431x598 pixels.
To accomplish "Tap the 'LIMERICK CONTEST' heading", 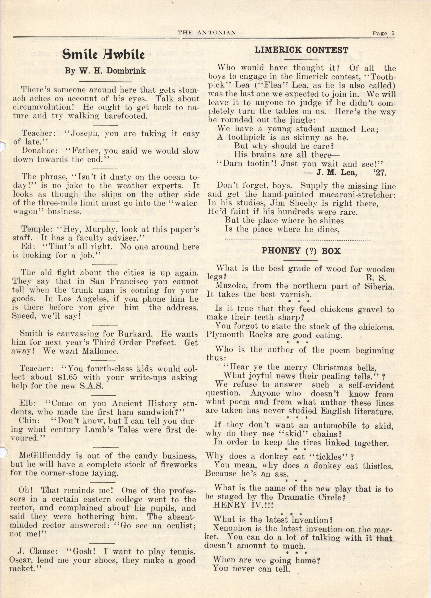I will coord(301,50).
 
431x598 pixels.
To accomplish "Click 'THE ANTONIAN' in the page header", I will coord(207,33).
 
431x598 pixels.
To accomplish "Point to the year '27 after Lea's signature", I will coord(380,173).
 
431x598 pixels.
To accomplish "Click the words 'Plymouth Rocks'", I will coord(239,335).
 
